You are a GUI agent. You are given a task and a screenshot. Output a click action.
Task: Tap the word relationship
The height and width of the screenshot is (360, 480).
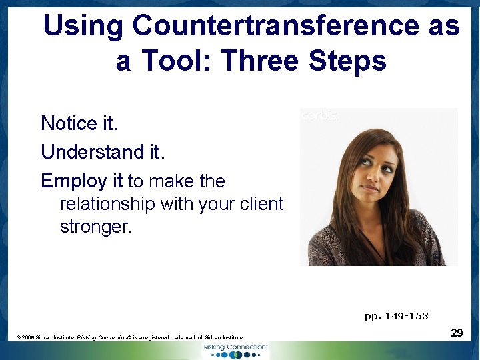(107, 204)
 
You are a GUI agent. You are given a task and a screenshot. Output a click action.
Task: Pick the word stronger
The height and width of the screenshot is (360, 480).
(95, 227)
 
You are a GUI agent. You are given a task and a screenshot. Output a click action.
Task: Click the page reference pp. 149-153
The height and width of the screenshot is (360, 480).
(396, 316)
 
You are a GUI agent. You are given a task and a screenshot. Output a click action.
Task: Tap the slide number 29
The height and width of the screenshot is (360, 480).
(457, 332)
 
